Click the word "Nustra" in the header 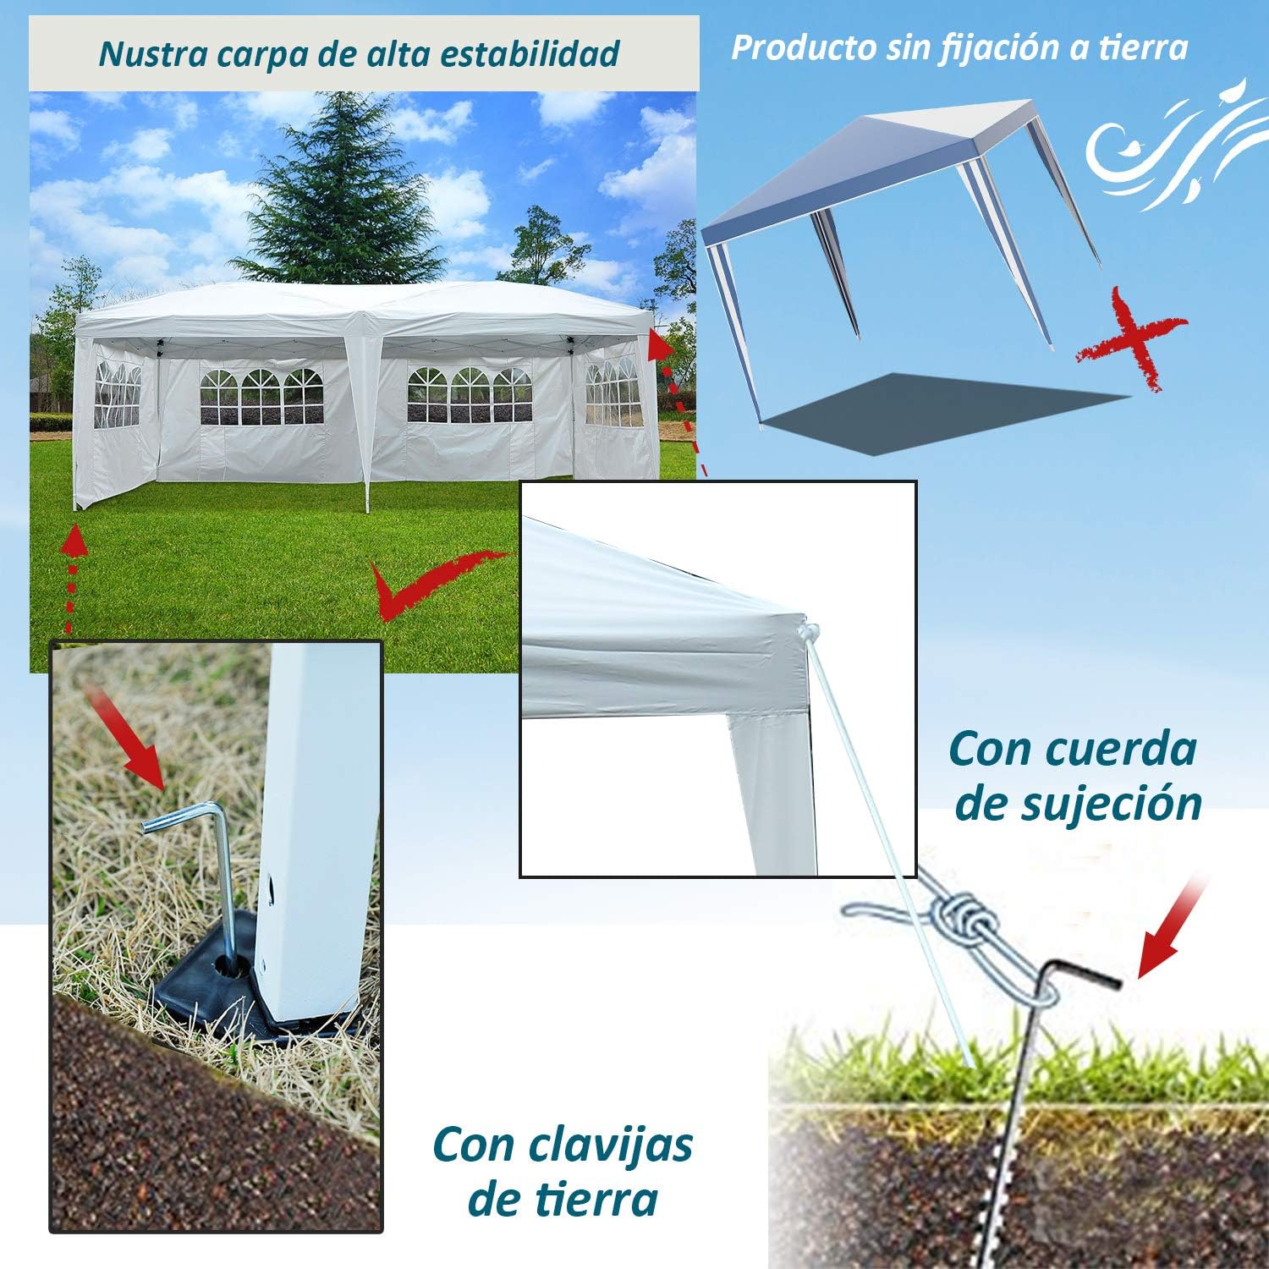click(152, 53)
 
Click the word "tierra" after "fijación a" click(1143, 47)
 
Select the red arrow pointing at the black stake click(1172, 931)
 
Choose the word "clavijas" click(611, 1145)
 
